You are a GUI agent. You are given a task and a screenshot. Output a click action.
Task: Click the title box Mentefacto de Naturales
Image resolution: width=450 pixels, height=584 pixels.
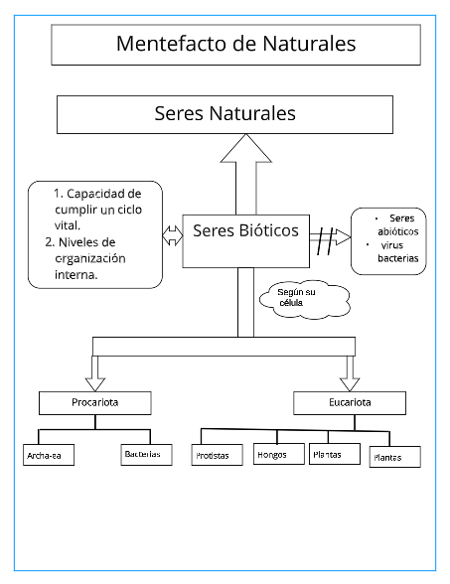point(234,45)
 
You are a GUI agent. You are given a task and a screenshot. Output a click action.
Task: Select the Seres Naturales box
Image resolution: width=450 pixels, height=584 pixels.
point(225,114)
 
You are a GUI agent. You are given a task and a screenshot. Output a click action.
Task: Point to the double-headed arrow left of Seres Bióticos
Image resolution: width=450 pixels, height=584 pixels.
point(172,235)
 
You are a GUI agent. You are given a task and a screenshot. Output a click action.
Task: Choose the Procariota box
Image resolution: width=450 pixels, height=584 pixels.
point(95,402)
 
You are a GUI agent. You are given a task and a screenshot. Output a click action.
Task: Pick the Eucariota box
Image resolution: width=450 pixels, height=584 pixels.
point(350,402)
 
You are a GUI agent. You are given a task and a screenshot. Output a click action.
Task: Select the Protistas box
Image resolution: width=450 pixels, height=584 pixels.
point(213,457)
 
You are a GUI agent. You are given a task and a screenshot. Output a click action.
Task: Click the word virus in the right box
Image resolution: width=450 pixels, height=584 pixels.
point(392,244)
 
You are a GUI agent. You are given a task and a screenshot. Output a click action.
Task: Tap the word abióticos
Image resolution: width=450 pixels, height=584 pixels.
point(399,231)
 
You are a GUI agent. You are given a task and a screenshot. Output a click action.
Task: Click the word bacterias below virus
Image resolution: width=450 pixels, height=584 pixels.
point(398,258)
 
